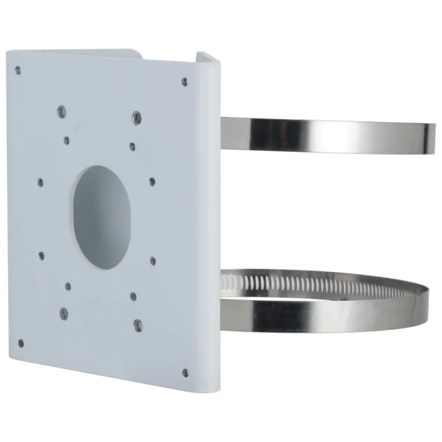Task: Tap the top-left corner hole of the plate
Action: [x=18, y=71]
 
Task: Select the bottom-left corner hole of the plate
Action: [x=20, y=343]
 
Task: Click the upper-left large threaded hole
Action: [x=60, y=113]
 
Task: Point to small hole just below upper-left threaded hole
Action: [x=66, y=138]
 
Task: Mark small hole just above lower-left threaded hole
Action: [x=67, y=284]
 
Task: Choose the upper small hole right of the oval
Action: [x=152, y=181]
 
